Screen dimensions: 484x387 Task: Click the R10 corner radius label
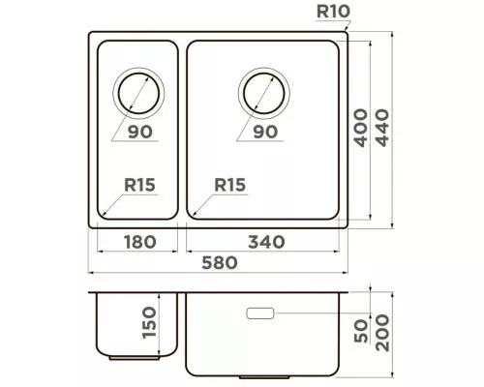pos(333,11)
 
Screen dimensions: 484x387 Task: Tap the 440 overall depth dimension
pos(382,128)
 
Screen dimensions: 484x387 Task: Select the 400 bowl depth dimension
pos(361,128)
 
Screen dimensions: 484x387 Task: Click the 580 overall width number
pos(220,262)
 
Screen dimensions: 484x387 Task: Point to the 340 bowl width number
pos(266,242)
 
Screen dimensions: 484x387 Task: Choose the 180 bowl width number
pos(140,242)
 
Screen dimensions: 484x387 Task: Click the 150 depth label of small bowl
pos(149,322)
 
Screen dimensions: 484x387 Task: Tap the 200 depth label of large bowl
pos(382,333)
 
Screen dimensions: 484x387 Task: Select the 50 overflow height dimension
pos(361,331)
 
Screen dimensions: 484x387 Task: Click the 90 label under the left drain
pos(140,132)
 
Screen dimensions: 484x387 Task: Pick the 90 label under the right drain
pos(265,132)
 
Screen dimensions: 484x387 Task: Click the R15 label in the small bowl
pos(139,185)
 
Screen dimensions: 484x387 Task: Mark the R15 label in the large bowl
pos(230,185)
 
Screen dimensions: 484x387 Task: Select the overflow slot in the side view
pos(260,313)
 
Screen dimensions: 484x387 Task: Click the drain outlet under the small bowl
pos(135,358)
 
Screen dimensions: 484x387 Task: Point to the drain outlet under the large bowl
pos(264,377)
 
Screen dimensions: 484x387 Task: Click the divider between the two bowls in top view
pos(182,130)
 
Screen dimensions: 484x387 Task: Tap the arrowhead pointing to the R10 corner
pos(348,29)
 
